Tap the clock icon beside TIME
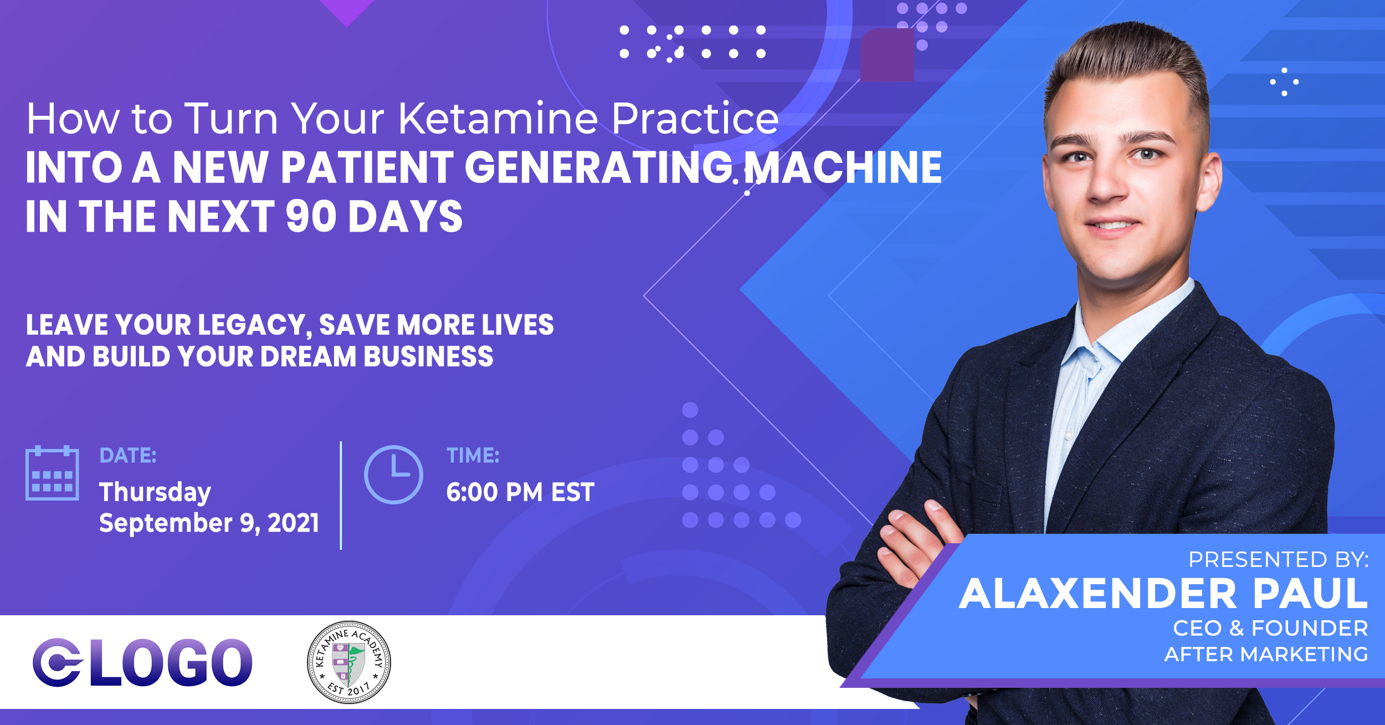point(393,474)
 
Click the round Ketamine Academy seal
point(349,662)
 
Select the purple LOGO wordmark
point(142,662)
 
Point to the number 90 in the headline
point(311,216)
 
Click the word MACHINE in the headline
point(843,167)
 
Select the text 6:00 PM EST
point(520,492)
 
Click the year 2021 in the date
point(294,523)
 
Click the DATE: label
point(128,456)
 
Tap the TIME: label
point(473,456)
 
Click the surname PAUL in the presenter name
point(1310,594)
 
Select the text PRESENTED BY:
point(1279,560)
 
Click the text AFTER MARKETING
point(1266,655)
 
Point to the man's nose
point(1108,186)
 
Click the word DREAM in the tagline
point(308,357)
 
